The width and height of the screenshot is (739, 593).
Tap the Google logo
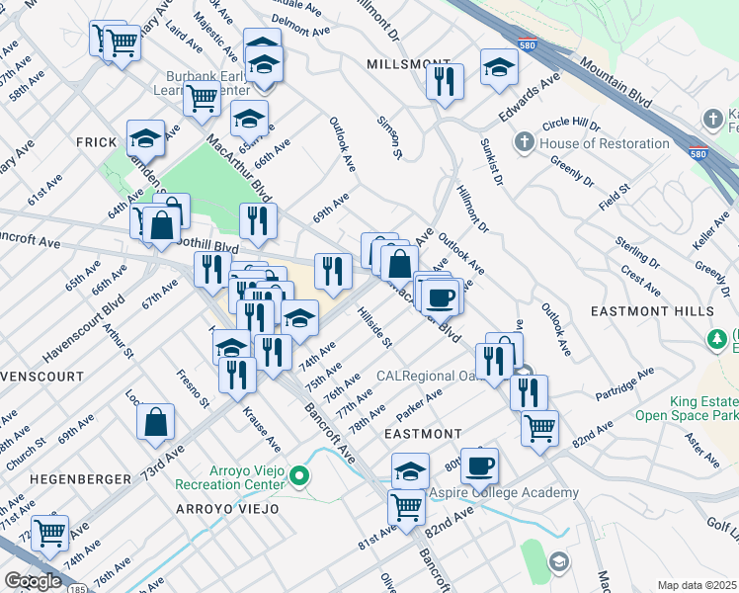33,580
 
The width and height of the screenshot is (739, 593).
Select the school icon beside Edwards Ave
499,66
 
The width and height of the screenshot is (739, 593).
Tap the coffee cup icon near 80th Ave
479,466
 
